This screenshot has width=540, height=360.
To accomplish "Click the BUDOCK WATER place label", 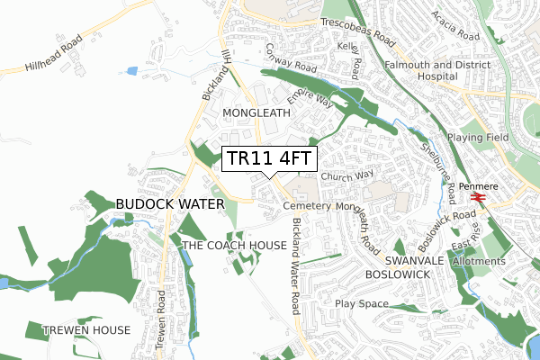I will (x=169, y=205).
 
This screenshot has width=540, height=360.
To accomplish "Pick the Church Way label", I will (x=345, y=176).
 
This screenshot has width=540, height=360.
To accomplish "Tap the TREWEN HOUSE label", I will (x=86, y=330).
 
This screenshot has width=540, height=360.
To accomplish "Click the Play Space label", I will (x=360, y=304).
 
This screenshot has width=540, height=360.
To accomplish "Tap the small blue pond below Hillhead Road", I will (x=133, y=70).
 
